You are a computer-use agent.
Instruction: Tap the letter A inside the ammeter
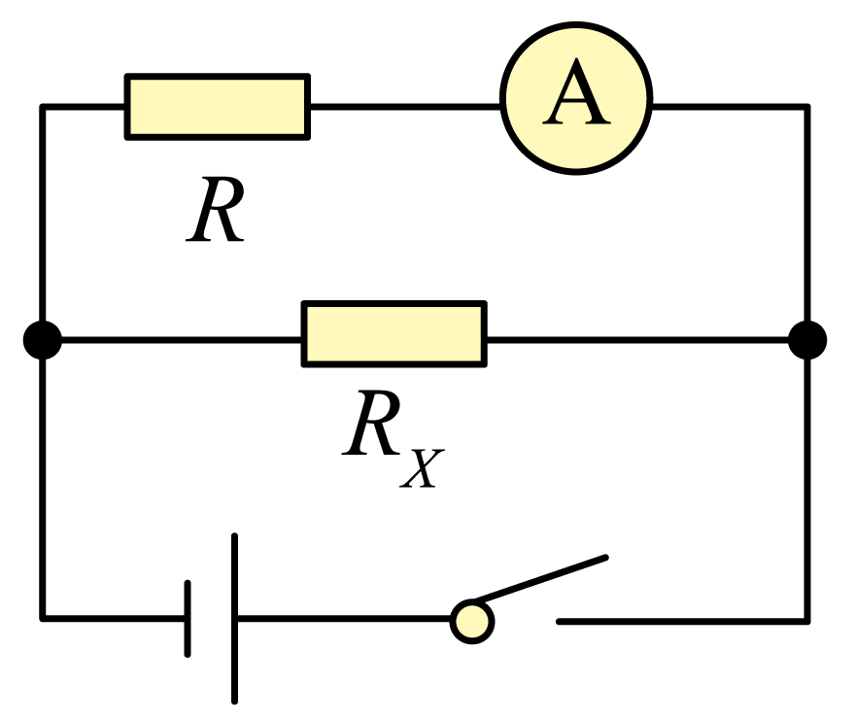[x=576, y=91]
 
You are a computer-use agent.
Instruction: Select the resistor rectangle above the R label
[x=218, y=107]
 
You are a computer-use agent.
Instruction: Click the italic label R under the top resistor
[x=215, y=209]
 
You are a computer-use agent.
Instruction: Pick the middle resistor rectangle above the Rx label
[x=394, y=333]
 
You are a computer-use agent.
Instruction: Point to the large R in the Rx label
[x=372, y=422]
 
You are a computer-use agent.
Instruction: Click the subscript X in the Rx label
[x=422, y=467]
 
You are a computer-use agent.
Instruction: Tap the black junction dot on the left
[x=43, y=340]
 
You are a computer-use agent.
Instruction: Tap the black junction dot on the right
[x=807, y=340]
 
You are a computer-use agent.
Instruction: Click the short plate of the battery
[x=188, y=619]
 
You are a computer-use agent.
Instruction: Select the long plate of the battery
[x=234, y=619]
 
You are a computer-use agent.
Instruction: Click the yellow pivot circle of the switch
[x=472, y=622]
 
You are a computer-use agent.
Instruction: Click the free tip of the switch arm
[x=606, y=557]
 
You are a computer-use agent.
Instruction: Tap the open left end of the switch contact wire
[x=559, y=622]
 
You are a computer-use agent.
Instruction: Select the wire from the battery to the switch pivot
[x=345, y=619]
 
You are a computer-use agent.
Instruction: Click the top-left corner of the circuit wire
[x=43, y=107]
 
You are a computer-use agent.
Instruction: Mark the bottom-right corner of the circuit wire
[x=807, y=621]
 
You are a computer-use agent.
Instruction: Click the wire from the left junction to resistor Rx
[x=181, y=340]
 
